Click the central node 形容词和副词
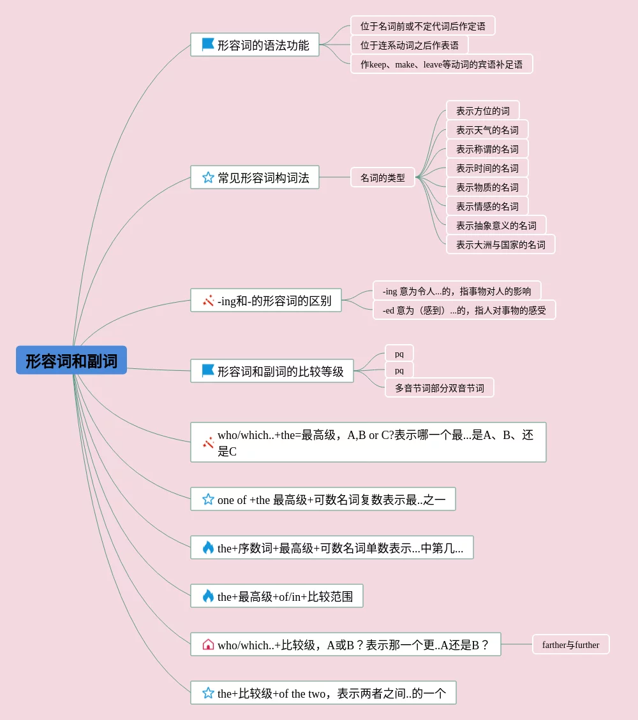(71, 361)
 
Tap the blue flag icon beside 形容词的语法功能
(208, 45)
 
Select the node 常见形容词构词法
(255, 178)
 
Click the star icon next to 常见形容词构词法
(208, 178)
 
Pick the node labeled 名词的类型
(382, 178)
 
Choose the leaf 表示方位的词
(482, 111)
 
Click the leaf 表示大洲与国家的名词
(500, 245)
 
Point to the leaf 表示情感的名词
(487, 206)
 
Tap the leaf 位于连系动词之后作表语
(409, 45)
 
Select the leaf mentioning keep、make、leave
(441, 64)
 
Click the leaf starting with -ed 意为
(464, 310)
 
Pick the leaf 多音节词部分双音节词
(439, 388)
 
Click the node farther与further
(570, 645)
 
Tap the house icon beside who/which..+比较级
(208, 645)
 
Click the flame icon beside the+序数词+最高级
(208, 548)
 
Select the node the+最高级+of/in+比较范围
(277, 596)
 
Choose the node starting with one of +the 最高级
(323, 500)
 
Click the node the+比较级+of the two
(323, 693)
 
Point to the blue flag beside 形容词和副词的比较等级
(208, 371)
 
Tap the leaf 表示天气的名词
(487, 130)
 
